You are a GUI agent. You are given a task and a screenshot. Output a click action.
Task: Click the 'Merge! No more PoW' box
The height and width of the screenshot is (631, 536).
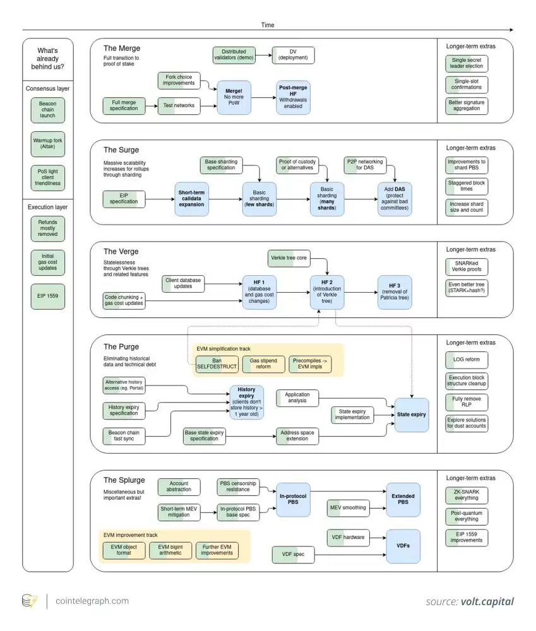(234, 97)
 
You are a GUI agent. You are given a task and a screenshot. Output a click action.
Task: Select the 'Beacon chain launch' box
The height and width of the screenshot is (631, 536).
(48, 110)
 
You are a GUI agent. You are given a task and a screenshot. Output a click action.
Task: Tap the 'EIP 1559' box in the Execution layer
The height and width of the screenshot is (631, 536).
(48, 297)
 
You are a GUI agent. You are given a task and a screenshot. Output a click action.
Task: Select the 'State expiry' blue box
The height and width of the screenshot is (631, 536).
(412, 415)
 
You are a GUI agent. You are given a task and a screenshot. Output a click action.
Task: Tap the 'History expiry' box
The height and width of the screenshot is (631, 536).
(246, 402)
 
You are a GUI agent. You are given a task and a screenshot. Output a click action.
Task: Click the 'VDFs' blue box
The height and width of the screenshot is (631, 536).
(403, 546)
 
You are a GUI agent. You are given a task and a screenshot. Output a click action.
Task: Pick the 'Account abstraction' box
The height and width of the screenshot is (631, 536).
(179, 487)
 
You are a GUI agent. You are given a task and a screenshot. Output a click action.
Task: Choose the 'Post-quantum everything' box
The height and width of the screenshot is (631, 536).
(467, 516)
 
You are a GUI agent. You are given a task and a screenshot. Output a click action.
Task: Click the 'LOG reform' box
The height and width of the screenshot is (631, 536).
(467, 359)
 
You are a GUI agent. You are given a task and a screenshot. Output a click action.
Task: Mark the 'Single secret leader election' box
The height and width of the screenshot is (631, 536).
(467, 63)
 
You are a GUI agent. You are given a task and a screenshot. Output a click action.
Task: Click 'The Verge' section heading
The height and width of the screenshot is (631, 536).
(121, 251)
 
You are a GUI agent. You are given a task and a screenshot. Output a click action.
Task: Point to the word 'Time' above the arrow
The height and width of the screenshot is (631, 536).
(268, 25)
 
